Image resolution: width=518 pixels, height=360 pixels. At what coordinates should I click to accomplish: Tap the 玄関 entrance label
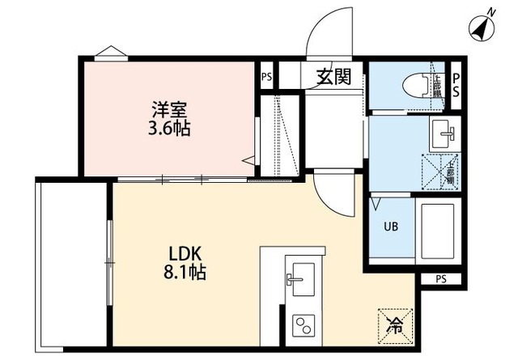point(332,78)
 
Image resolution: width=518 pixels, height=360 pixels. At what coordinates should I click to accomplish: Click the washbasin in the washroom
point(443,129)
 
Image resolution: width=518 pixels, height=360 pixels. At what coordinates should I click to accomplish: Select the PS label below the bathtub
point(441,279)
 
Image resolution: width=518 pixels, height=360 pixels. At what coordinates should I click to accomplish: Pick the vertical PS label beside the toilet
point(456,83)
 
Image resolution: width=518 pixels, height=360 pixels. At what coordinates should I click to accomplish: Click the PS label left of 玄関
point(267,78)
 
